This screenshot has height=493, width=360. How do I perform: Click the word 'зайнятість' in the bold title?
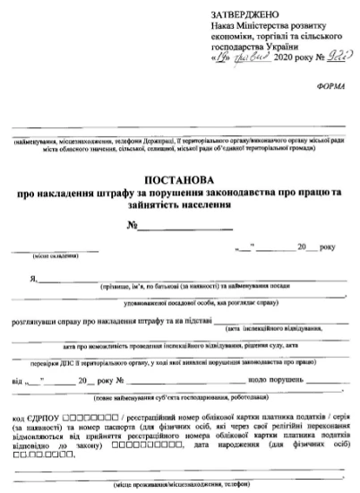(156, 204)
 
